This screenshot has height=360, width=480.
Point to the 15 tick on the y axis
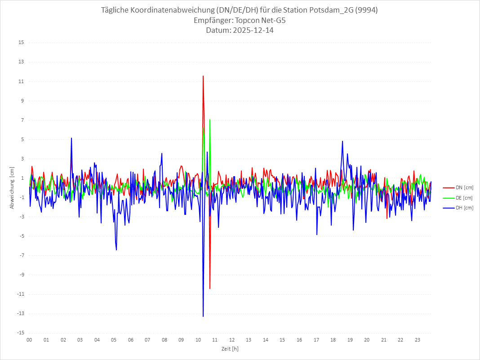(x=21, y=43)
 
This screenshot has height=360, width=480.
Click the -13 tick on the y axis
(x=20, y=314)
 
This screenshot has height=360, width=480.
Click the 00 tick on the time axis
(x=29, y=340)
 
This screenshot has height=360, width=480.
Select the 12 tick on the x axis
(x=232, y=340)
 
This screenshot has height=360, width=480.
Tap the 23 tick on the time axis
(x=418, y=340)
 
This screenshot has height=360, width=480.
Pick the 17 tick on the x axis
(x=316, y=340)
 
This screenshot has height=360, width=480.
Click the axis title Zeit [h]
(x=230, y=348)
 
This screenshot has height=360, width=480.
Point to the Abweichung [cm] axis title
(x=12, y=188)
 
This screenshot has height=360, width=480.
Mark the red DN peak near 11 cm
(x=203, y=76)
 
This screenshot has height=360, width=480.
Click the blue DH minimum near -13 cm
(x=203, y=316)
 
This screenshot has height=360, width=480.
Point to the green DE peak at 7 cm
(x=210, y=120)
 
